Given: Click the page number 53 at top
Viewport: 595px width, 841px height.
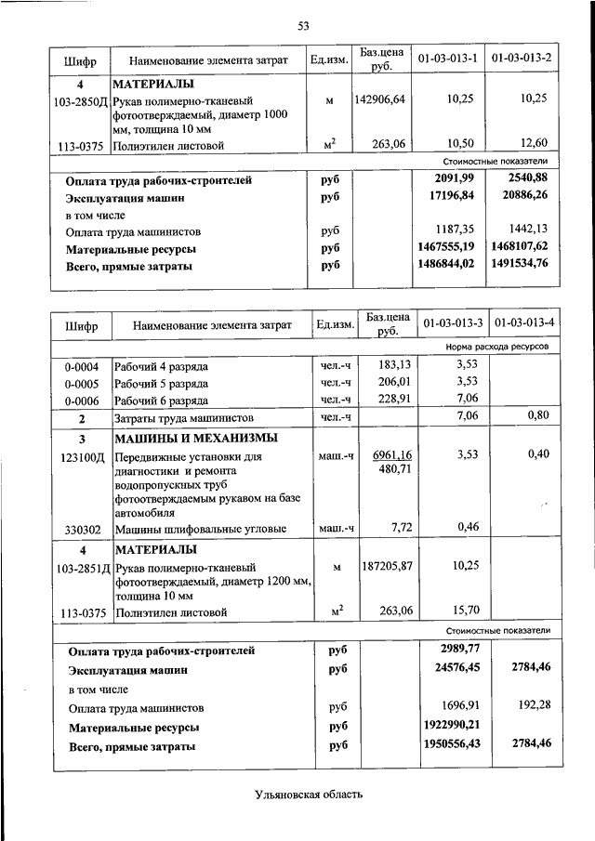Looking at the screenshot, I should point(303,25).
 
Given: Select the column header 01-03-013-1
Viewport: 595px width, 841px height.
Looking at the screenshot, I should point(448,59).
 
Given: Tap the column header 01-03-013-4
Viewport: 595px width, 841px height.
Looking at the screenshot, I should point(524,323).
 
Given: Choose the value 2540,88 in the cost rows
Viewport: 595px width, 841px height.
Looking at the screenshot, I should point(523,179).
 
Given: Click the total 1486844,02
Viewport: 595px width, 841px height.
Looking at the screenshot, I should point(448,266).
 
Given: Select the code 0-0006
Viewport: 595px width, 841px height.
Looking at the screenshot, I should point(82,399).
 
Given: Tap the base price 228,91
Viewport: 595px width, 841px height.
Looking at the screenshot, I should point(390,399).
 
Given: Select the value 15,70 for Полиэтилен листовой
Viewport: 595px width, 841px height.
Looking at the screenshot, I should point(462,611).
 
